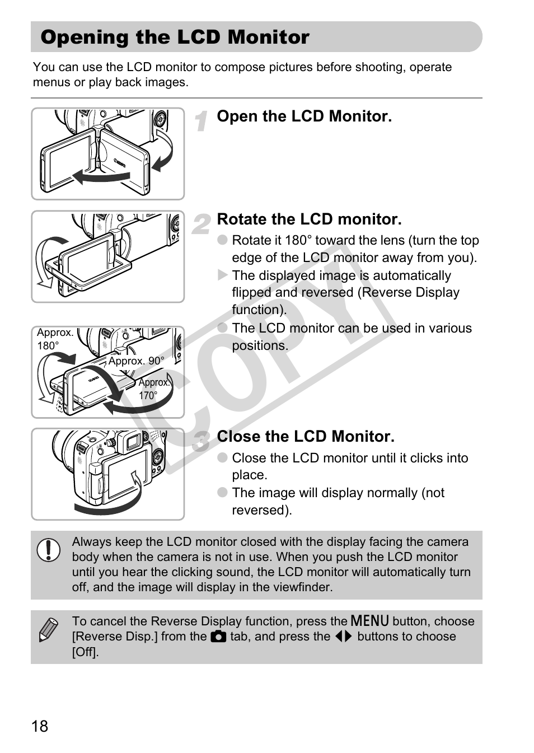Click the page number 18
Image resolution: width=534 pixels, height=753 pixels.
[40, 726]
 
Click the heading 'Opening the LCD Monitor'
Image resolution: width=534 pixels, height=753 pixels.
[175, 37]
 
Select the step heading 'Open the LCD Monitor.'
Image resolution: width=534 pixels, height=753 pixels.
[304, 116]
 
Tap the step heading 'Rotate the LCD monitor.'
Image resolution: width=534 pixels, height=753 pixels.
[309, 219]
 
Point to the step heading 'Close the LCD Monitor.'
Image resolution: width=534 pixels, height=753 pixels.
[306, 436]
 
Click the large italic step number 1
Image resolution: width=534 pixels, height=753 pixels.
[202, 121]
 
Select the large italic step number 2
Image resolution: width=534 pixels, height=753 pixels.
[202, 224]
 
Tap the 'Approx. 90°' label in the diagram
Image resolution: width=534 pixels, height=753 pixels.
[136, 361]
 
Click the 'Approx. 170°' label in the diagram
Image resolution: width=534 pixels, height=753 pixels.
[153, 389]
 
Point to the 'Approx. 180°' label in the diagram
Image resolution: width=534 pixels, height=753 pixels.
[55, 339]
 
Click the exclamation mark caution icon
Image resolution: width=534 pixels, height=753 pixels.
[49, 550]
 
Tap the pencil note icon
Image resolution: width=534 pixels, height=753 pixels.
[48, 630]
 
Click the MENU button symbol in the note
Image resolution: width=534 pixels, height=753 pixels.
[369, 621]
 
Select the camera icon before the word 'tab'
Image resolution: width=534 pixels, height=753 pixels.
[218, 637]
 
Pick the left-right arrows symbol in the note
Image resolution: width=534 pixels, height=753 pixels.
[343, 637]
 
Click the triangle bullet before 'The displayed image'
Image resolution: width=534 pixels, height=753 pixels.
[223, 275]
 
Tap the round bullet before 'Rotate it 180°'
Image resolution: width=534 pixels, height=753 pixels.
[223, 240]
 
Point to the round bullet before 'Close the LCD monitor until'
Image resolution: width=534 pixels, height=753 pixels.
[223, 458]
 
